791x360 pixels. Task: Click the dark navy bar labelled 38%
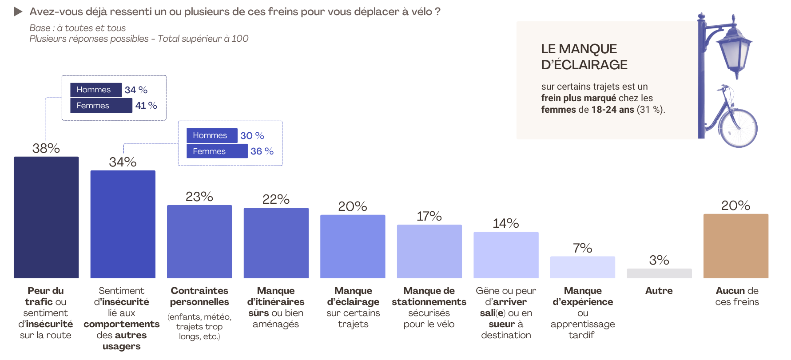click(x=46, y=217)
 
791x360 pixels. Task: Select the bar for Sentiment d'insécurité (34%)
click(x=123, y=224)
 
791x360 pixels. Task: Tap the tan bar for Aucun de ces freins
click(x=735, y=246)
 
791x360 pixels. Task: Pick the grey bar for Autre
click(x=659, y=273)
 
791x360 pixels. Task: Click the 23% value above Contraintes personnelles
click(x=199, y=197)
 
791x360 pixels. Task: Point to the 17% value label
click(x=429, y=216)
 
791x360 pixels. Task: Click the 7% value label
click(x=582, y=248)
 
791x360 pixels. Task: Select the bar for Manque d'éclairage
click(x=353, y=246)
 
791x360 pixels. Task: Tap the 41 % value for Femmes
click(x=146, y=106)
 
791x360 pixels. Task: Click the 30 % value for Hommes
click(x=252, y=135)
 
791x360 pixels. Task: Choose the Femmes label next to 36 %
click(x=209, y=151)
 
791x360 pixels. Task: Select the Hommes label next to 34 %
click(x=94, y=90)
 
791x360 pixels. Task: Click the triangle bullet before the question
click(x=18, y=12)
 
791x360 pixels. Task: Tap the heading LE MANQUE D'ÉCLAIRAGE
click(x=584, y=57)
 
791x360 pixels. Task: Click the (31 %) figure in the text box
click(x=651, y=110)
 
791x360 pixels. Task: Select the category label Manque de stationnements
click(x=429, y=296)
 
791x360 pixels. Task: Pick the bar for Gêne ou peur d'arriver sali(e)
click(x=506, y=255)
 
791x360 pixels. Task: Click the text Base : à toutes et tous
click(x=78, y=28)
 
